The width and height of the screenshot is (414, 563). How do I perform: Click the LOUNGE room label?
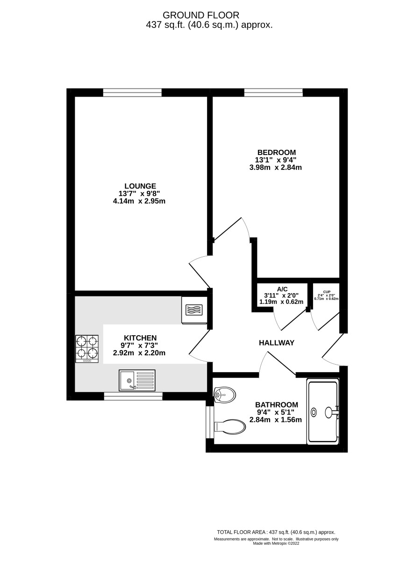(140, 186)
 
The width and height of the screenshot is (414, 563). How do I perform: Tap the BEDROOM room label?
(277, 152)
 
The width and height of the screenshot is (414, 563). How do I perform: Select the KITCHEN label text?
(140, 338)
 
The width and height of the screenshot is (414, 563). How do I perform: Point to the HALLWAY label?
(277, 343)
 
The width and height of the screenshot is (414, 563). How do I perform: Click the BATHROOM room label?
(277, 405)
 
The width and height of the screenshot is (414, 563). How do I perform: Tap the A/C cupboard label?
(282, 289)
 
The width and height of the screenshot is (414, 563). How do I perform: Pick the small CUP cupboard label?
(327, 292)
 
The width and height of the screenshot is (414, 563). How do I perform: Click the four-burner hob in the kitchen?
(87, 349)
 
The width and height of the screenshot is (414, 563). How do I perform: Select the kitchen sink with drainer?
(137, 380)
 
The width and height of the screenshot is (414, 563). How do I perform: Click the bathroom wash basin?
(224, 395)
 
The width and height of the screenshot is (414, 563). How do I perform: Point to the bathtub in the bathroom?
(323, 412)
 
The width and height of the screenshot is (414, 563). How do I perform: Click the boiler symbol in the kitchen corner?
(194, 310)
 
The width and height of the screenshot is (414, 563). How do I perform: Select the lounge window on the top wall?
(132, 92)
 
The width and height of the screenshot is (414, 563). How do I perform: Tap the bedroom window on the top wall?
(273, 92)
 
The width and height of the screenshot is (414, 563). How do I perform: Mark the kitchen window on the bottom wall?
(133, 396)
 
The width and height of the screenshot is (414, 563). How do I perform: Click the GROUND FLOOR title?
(201, 15)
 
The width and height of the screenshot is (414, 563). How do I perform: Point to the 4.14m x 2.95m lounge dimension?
(139, 201)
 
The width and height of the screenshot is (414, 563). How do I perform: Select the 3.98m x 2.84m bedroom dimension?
(275, 168)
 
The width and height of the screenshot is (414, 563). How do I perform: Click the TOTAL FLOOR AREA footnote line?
(276, 532)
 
